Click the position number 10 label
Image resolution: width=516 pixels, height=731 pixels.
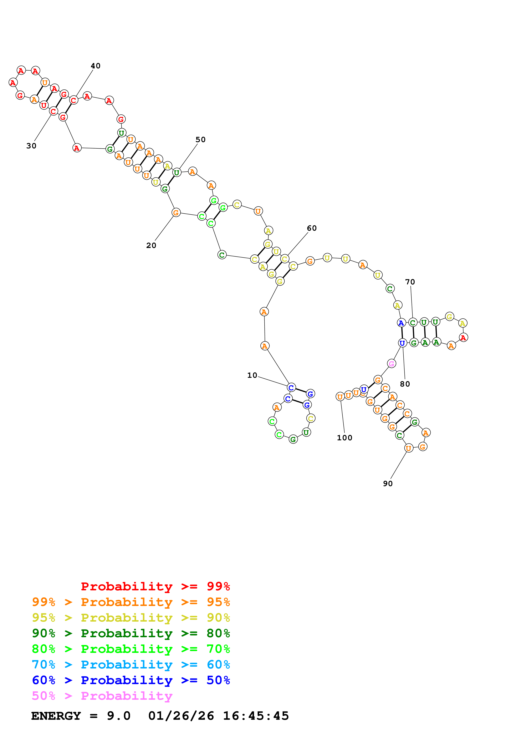click(x=252, y=375)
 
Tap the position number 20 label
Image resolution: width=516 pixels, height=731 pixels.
click(x=151, y=245)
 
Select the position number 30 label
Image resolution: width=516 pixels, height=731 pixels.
click(x=31, y=146)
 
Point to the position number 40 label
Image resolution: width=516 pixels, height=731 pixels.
click(x=95, y=66)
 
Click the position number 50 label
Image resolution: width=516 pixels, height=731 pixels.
click(x=200, y=140)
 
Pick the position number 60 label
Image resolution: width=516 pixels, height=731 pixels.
click(x=312, y=228)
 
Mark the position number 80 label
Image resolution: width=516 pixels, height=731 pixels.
click(x=405, y=384)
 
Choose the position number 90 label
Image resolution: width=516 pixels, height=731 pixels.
click(x=388, y=484)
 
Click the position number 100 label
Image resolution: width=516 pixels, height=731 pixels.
click(x=344, y=438)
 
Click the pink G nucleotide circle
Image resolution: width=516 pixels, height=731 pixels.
click(x=391, y=364)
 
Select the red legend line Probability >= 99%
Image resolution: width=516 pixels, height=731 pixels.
click(x=155, y=586)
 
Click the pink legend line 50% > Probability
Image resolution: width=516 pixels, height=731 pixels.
click(x=102, y=696)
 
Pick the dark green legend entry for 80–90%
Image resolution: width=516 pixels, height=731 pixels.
click(x=131, y=633)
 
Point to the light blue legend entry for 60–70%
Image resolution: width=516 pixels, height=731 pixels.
click(x=131, y=665)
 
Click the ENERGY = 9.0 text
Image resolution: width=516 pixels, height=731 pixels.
click(x=81, y=716)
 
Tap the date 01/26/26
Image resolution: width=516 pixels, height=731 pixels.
click(x=181, y=716)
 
